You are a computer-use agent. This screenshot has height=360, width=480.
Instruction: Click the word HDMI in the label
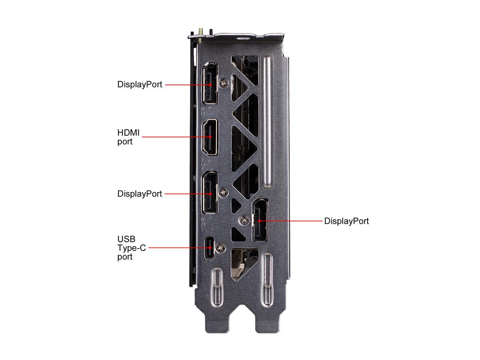tap(128, 133)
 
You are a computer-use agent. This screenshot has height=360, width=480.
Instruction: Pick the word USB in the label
tap(126, 239)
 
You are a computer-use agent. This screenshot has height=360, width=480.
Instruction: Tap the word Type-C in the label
tap(131, 248)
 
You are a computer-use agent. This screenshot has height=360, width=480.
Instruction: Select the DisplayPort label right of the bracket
tap(346, 221)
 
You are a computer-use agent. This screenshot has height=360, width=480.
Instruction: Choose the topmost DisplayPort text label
tap(139, 84)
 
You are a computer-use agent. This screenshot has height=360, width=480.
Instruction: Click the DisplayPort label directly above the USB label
tap(139, 194)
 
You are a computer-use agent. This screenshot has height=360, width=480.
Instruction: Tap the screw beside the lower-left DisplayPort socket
tap(224, 192)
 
